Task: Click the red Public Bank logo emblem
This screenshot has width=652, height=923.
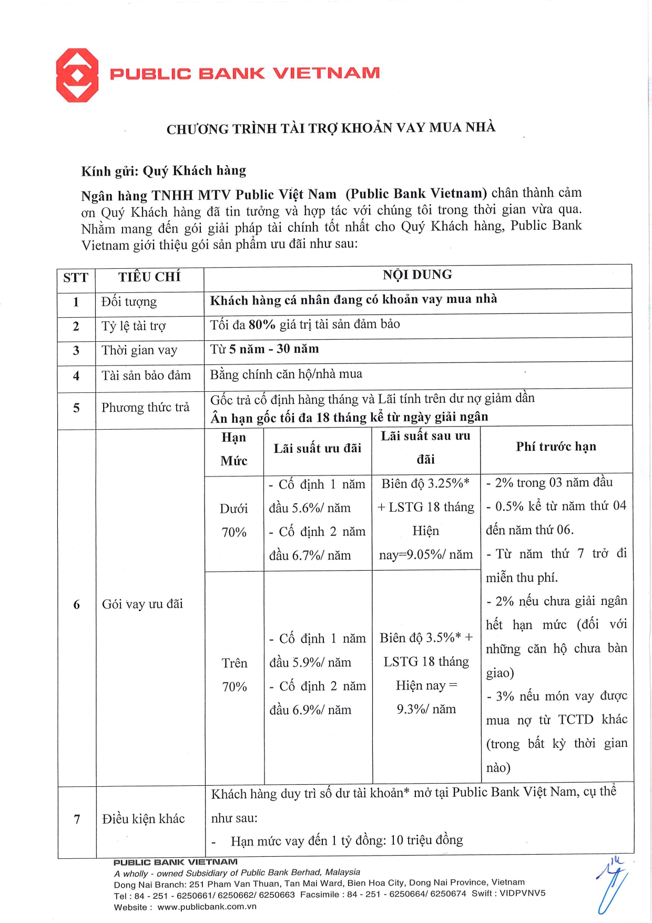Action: pos(77,75)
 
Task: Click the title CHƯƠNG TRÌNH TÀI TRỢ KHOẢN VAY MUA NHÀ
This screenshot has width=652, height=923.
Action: pos(331,128)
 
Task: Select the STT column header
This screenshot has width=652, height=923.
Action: pos(76,278)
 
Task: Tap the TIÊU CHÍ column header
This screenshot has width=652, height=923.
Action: pos(149,277)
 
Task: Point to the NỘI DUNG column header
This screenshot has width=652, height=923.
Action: pos(417,275)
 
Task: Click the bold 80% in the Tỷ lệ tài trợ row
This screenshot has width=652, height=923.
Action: pos(262,324)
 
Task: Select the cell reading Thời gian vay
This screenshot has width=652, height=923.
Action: pos(139,350)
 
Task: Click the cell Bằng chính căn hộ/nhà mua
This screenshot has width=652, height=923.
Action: pos(286,374)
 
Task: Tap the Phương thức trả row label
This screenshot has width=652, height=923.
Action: pos(145,408)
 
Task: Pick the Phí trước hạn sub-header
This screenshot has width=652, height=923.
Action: pos(556,447)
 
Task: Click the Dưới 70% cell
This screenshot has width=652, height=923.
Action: pos(234,520)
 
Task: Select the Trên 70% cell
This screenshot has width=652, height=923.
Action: pos(235,675)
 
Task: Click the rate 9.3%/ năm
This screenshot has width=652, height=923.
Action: pos(426,709)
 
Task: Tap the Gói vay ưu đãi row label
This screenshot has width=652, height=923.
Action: pos(142,604)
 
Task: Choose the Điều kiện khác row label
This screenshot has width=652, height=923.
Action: pos(144,819)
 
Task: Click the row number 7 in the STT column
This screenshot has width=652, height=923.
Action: pos(77,819)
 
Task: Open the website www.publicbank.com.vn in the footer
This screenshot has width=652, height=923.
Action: pos(207,907)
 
